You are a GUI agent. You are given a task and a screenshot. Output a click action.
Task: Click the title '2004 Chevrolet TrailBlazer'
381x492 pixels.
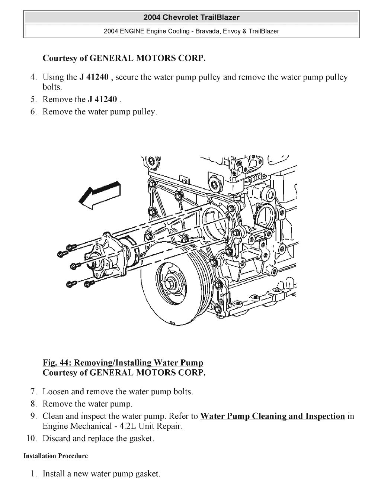click(191, 17)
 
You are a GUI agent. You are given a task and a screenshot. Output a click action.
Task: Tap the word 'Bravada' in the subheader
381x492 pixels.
click(207, 31)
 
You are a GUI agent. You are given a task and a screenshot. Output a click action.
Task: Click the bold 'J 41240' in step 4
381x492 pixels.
click(94, 77)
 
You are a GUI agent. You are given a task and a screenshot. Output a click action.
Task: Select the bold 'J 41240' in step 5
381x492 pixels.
click(102, 100)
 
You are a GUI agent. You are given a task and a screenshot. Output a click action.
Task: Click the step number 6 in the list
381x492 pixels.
click(33, 112)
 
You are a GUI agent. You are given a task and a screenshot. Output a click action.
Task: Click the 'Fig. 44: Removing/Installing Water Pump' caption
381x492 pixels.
click(123, 363)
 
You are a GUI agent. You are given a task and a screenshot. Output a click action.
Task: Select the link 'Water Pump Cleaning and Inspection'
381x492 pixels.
click(272, 416)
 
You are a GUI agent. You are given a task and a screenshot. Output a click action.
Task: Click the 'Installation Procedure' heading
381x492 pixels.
click(56, 456)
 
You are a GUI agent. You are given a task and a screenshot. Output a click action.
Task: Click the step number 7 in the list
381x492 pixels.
click(33, 392)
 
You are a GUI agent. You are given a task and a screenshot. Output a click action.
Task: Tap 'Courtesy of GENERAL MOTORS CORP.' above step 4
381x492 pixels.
click(124, 58)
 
